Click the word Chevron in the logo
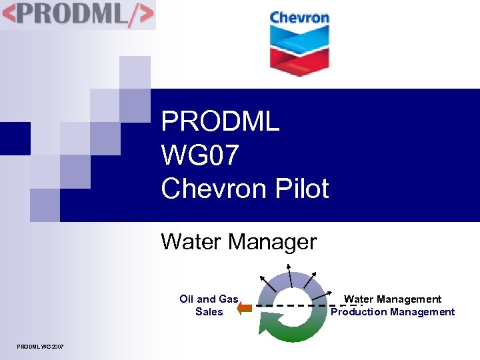coord(299,17)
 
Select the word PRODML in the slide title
coord(220,122)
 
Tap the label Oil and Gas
coord(209,299)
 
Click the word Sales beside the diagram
coord(209,311)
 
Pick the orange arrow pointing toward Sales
coord(244,307)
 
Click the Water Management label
coord(393,299)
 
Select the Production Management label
coord(393,311)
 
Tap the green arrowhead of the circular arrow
coord(267,326)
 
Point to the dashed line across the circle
coord(313,306)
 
